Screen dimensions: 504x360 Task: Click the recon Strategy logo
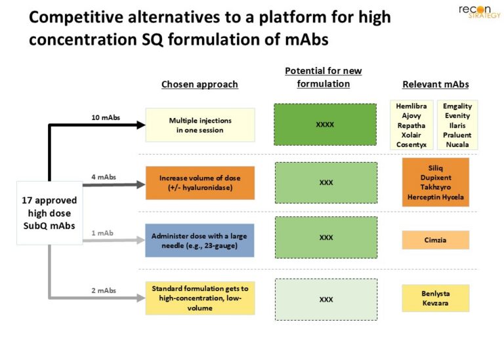pyautogui.click(x=480, y=12)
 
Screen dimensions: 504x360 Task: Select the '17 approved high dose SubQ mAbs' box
pyautogui.click(x=49, y=213)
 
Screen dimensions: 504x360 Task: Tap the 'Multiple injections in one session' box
pyautogui.click(x=200, y=125)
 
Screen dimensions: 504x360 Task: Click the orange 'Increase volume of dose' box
pyautogui.click(x=200, y=183)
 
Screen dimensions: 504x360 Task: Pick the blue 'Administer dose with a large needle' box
pyautogui.click(x=199, y=241)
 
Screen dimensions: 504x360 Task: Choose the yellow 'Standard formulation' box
pyautogui.click(x=200, y=298)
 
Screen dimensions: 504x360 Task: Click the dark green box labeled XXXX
pyautogui.click(x=325, y=125)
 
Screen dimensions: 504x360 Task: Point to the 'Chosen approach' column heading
pyautogui.click(x=199, y=84)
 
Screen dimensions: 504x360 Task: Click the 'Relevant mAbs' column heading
pyautogui.click(x=436, y=84)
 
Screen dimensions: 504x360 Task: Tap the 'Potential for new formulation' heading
pyautogui.click(x=324, y=77)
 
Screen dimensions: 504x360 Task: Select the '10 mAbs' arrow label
pyautogui.click(x=106, y=117)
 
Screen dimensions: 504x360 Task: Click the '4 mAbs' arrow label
pyautogui.click(x=104, y=177)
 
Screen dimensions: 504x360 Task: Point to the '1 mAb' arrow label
pyautogui.click(x=102, y=233)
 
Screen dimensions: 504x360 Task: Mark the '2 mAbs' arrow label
pyautogui.click(x=104, y=290)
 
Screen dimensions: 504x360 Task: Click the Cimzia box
pyautogui.click(x=436, y=240)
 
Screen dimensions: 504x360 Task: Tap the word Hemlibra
pyautogui.click(x=411, y=106)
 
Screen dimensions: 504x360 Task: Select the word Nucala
pyautogui.click(x=457, y=144)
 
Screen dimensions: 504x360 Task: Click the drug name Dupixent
pyautogui.click(x=436, y=178)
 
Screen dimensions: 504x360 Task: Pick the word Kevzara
pyautogui.click(x=436, y=303)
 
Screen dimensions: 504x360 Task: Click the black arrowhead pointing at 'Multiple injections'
pyautogui.click(x=141, y=125)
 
